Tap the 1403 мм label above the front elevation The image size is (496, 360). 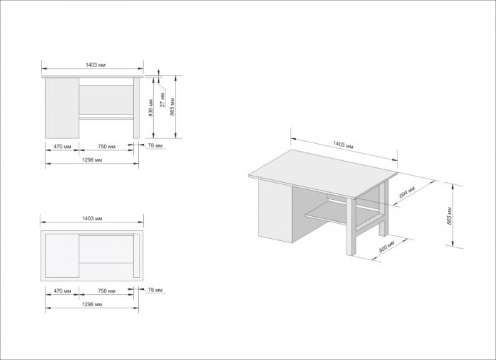pos(94,64)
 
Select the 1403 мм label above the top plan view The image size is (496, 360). pos(94,219)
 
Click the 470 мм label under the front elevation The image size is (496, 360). pos(62,147)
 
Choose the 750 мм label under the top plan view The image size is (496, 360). pos(106,291)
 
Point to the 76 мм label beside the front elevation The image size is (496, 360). pos(155,147)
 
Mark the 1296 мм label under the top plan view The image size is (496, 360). pos(93,304)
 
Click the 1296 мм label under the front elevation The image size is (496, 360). pos(93,160)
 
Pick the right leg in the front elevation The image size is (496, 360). pos(137,109)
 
